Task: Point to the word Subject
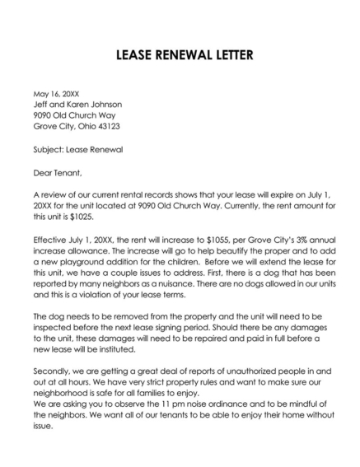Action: click(49, 150)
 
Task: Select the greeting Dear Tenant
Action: click(58, 173)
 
